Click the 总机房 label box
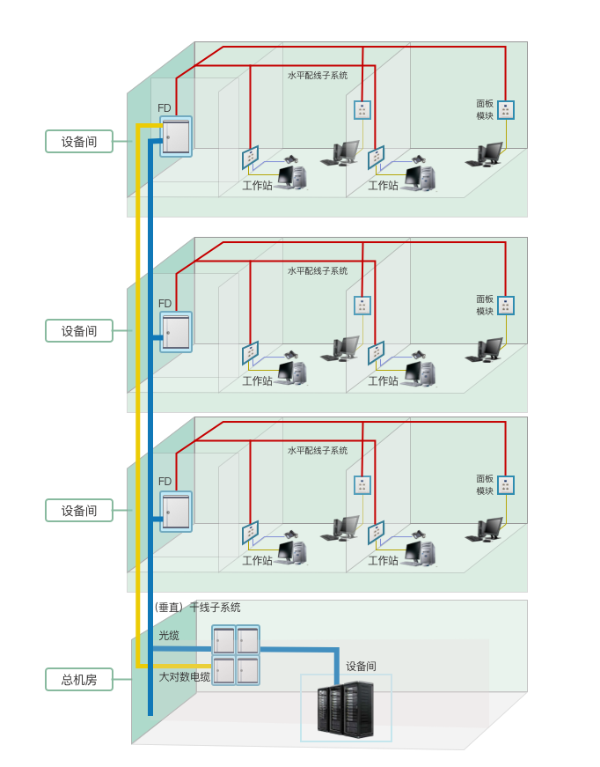pos(79,679)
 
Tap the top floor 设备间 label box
pos(79,141)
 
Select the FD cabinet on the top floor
pos(176,136)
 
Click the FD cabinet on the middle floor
pos(176,332)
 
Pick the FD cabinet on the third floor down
pos(176,512)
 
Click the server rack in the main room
pos(346,709)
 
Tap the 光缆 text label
pos(169,635)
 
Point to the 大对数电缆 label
pos(185,676)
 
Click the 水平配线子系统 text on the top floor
pos(318,76)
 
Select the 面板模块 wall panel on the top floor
pos(505,110)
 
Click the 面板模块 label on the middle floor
pos(485,305)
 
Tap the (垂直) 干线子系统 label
pos(197,608)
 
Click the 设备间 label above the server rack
pos(361,667)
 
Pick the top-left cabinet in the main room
pos(223,640)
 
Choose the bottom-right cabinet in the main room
pos(248,670)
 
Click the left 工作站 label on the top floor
pos(258,186)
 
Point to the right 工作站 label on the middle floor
pos(383,381)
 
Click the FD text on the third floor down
pos(165,482)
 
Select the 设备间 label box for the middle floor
pos(79,331)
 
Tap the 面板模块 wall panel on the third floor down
pos(505,485)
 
